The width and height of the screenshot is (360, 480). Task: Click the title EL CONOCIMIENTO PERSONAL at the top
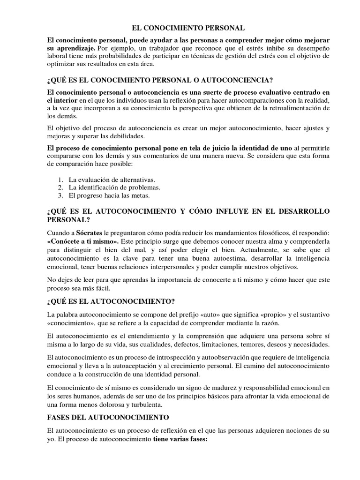pos(180,29)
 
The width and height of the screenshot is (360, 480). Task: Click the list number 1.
pos(60,180)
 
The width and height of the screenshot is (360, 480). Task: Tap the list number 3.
pos(60,195)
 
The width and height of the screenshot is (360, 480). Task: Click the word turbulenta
pos(144,404)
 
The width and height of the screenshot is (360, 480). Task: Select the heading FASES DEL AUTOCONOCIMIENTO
pos(108,417)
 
